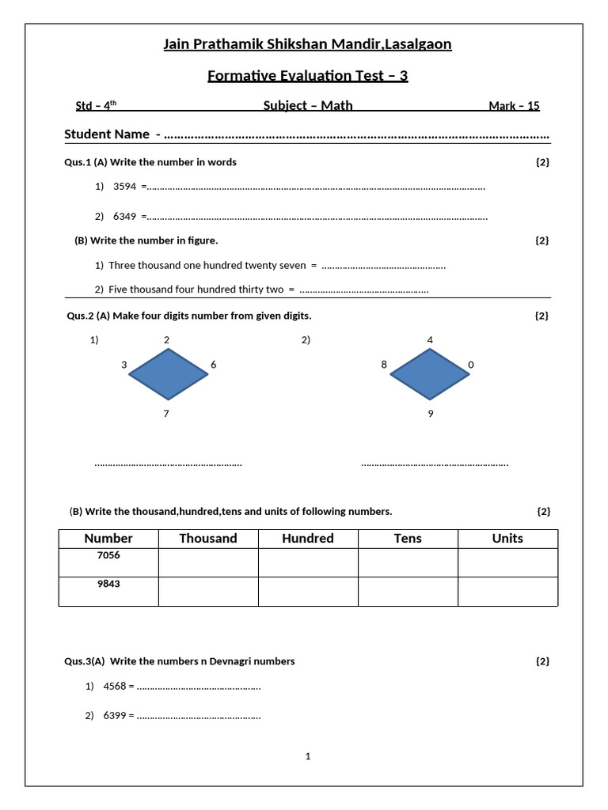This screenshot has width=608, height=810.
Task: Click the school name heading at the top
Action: (x=307, y=44)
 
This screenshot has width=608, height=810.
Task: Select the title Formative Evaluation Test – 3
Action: (x=307, y=76)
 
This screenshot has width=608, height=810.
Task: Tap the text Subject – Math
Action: (x=308, y=106)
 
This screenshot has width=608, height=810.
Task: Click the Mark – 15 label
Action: (x=514, y=106)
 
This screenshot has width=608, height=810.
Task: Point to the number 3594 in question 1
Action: (x=125, y=187)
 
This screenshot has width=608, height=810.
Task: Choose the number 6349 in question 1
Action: (x=125, y=216)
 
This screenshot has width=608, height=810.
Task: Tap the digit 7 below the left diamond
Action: (x=166, y=414)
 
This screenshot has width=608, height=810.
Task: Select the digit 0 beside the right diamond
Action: (x=471, y=365)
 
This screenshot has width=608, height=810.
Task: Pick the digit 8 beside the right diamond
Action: (x=384, y=365)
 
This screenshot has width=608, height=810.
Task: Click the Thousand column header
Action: (x=208, y=539)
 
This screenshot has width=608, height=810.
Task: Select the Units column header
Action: (x=507, y=539)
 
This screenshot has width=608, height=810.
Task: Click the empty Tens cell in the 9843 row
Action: (x=408, y=591)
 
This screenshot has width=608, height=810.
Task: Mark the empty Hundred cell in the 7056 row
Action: (x=308, y=562)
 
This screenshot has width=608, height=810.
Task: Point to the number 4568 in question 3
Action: (x=115, y=687)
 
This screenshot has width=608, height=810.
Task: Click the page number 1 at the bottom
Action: (x=308, y=756)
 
